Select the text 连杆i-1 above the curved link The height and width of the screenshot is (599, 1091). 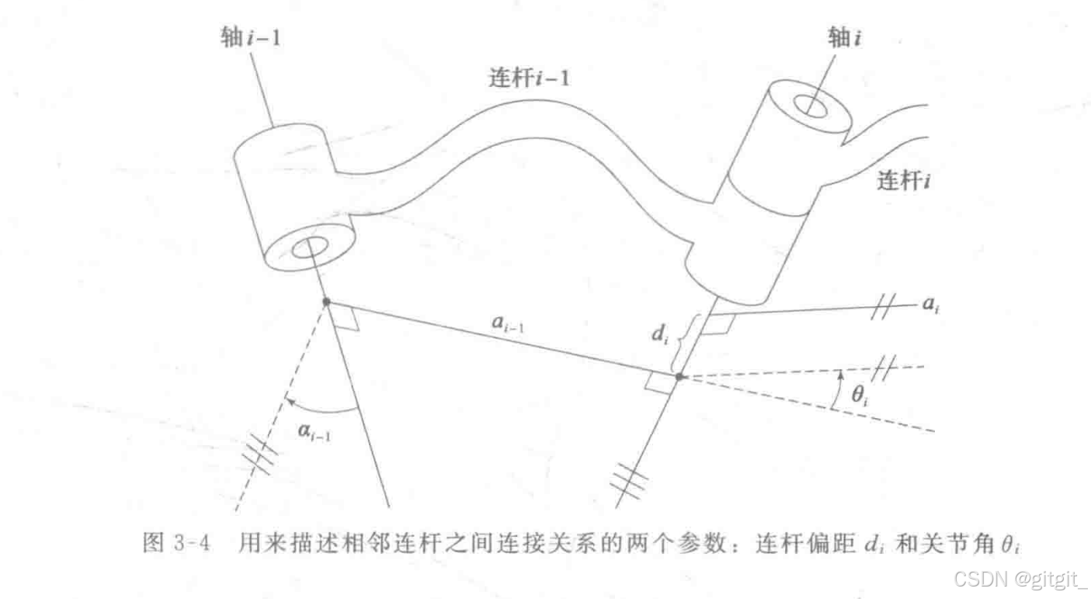[523, 79]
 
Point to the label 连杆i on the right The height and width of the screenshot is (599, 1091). [905, 183]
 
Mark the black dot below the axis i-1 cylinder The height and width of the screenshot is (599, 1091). [326, 301]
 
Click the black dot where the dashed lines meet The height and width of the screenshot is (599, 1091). [678, 376]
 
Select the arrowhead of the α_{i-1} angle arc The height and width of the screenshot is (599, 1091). [287, 402]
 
